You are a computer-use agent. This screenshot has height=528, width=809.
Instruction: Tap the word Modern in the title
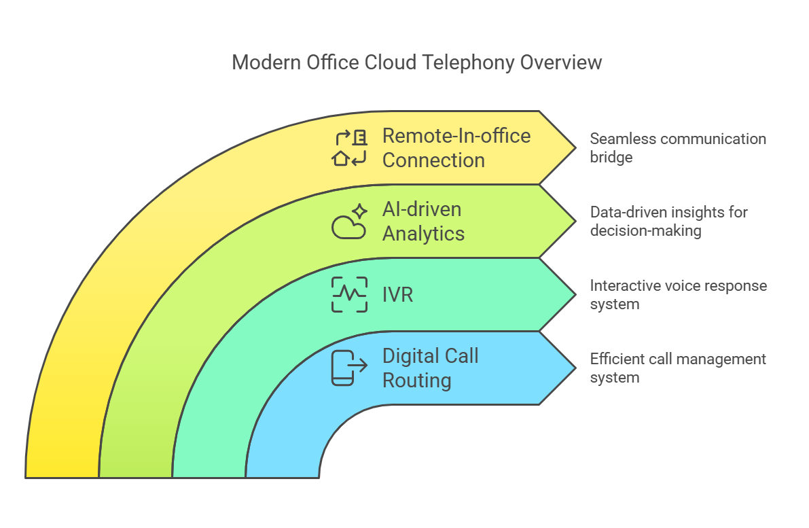pyautogui.click(x=266, y=63)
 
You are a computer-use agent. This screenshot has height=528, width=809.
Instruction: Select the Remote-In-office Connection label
pyautogui.click(x=456, y=147)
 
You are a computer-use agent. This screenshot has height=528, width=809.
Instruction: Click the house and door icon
pyautogui.click(x=349, y=147)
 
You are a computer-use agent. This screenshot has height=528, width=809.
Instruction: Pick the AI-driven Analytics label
pyautogui.click(x=423, y=222)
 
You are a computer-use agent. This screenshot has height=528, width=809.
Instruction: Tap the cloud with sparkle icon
pyautogui.click(x=349, y=222)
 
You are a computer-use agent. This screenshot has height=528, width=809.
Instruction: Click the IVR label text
pyautogui.click(x=397, y=295)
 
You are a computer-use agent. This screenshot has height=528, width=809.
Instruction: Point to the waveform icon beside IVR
pyautogui.click(x=349, y=295)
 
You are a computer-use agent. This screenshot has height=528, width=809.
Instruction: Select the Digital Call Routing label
pyautogui.click(x=430, y=368)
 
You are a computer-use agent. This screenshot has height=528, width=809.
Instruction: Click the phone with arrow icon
pyautogui.click(x=349, y=368)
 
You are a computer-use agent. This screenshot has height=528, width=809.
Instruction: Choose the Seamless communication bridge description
pyautogui.click(x=677, y=147)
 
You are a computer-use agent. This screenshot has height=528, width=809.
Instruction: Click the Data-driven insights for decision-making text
pyautogui.click(x=668, y=221)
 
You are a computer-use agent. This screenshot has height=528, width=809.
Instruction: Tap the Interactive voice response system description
pyautogui.click(x=678, y=294)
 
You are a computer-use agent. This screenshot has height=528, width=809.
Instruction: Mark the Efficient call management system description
pyautogui.click(x=677, y=368)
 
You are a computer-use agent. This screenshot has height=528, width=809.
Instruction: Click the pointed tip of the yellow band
pyautogui.click(x=576, y=147)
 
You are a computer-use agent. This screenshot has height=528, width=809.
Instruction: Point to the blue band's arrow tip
pyautogui.click(x=576, y=368)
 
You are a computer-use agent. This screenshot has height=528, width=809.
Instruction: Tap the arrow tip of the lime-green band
pyautogui.click(x=576, y=222)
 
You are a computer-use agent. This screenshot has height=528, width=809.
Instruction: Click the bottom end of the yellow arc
pyautogui.click(x=62, y=478)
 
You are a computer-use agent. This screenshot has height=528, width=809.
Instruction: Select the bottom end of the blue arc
pyautogui.click(x=282, y=478)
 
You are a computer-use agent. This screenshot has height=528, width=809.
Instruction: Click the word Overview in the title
pyautogui.click(x=561, y=63)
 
